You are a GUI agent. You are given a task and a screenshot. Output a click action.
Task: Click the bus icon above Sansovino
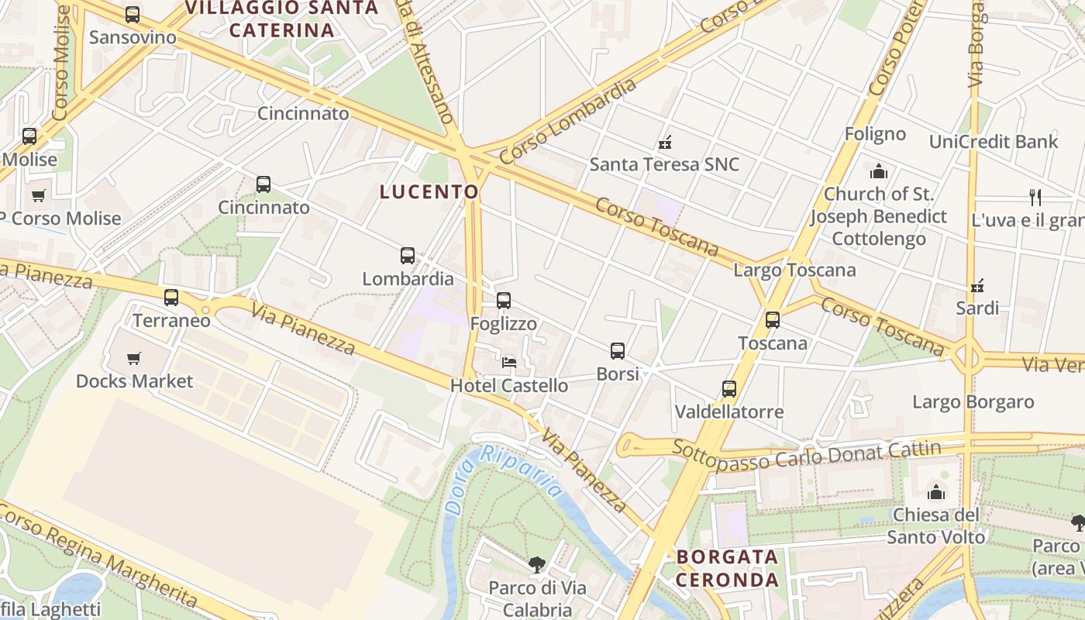133,15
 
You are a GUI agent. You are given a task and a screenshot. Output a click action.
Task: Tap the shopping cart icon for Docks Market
134,359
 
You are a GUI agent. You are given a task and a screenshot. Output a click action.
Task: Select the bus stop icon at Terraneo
171,298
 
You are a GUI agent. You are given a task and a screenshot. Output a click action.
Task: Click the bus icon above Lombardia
408,256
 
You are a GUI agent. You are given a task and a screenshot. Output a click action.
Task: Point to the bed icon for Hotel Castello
509,362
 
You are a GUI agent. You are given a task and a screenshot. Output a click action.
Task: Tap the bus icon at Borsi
618,351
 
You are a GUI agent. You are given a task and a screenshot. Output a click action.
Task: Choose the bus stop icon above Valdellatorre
729,389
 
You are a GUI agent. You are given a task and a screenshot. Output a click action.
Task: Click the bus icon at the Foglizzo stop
504,301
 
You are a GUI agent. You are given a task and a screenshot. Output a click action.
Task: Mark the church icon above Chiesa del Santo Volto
936,492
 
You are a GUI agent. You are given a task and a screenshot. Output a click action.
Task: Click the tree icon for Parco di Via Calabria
536,565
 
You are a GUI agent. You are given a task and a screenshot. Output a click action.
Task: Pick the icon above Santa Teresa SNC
664,142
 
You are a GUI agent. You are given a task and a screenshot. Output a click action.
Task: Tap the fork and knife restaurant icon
1035,197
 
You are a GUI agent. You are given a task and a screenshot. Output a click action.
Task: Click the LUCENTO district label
429,192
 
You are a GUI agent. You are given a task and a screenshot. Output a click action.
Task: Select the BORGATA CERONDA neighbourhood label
727,568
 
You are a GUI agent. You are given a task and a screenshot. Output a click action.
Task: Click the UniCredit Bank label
993,142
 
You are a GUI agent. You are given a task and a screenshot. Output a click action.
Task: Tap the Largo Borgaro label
973,402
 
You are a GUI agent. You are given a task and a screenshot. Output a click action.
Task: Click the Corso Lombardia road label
568,122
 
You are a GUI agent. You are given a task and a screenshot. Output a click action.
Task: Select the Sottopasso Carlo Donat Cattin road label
806,454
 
